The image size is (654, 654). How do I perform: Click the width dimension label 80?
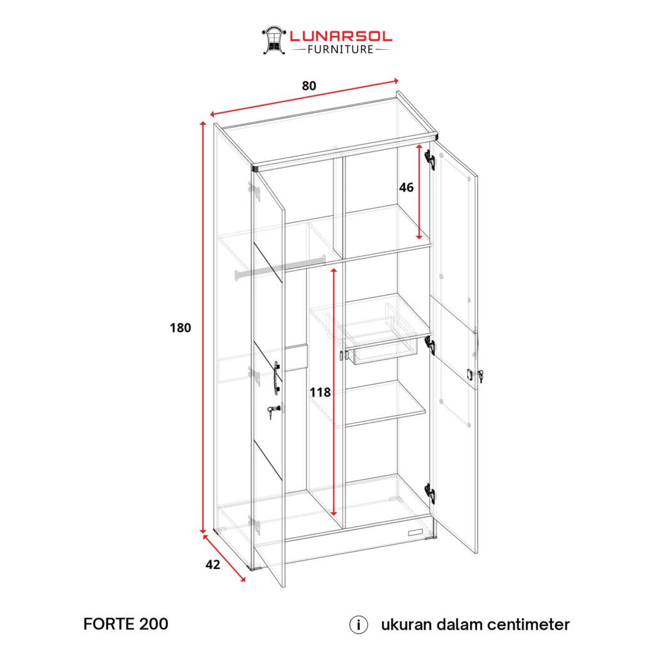coord(309,86)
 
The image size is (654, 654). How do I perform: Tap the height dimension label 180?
coord(181,328)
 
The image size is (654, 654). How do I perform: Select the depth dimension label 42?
coord(213,565)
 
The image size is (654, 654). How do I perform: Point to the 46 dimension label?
coord(406,188)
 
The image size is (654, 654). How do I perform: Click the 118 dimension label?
coord(320,392)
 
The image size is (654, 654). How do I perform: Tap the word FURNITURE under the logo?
coord(340,49)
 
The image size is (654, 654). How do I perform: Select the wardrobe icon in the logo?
coord(273,40)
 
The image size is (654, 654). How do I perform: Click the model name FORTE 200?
coord(126,624)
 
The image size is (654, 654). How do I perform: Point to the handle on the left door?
coord(277,377)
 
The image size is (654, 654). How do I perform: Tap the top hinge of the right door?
coord(431,160)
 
